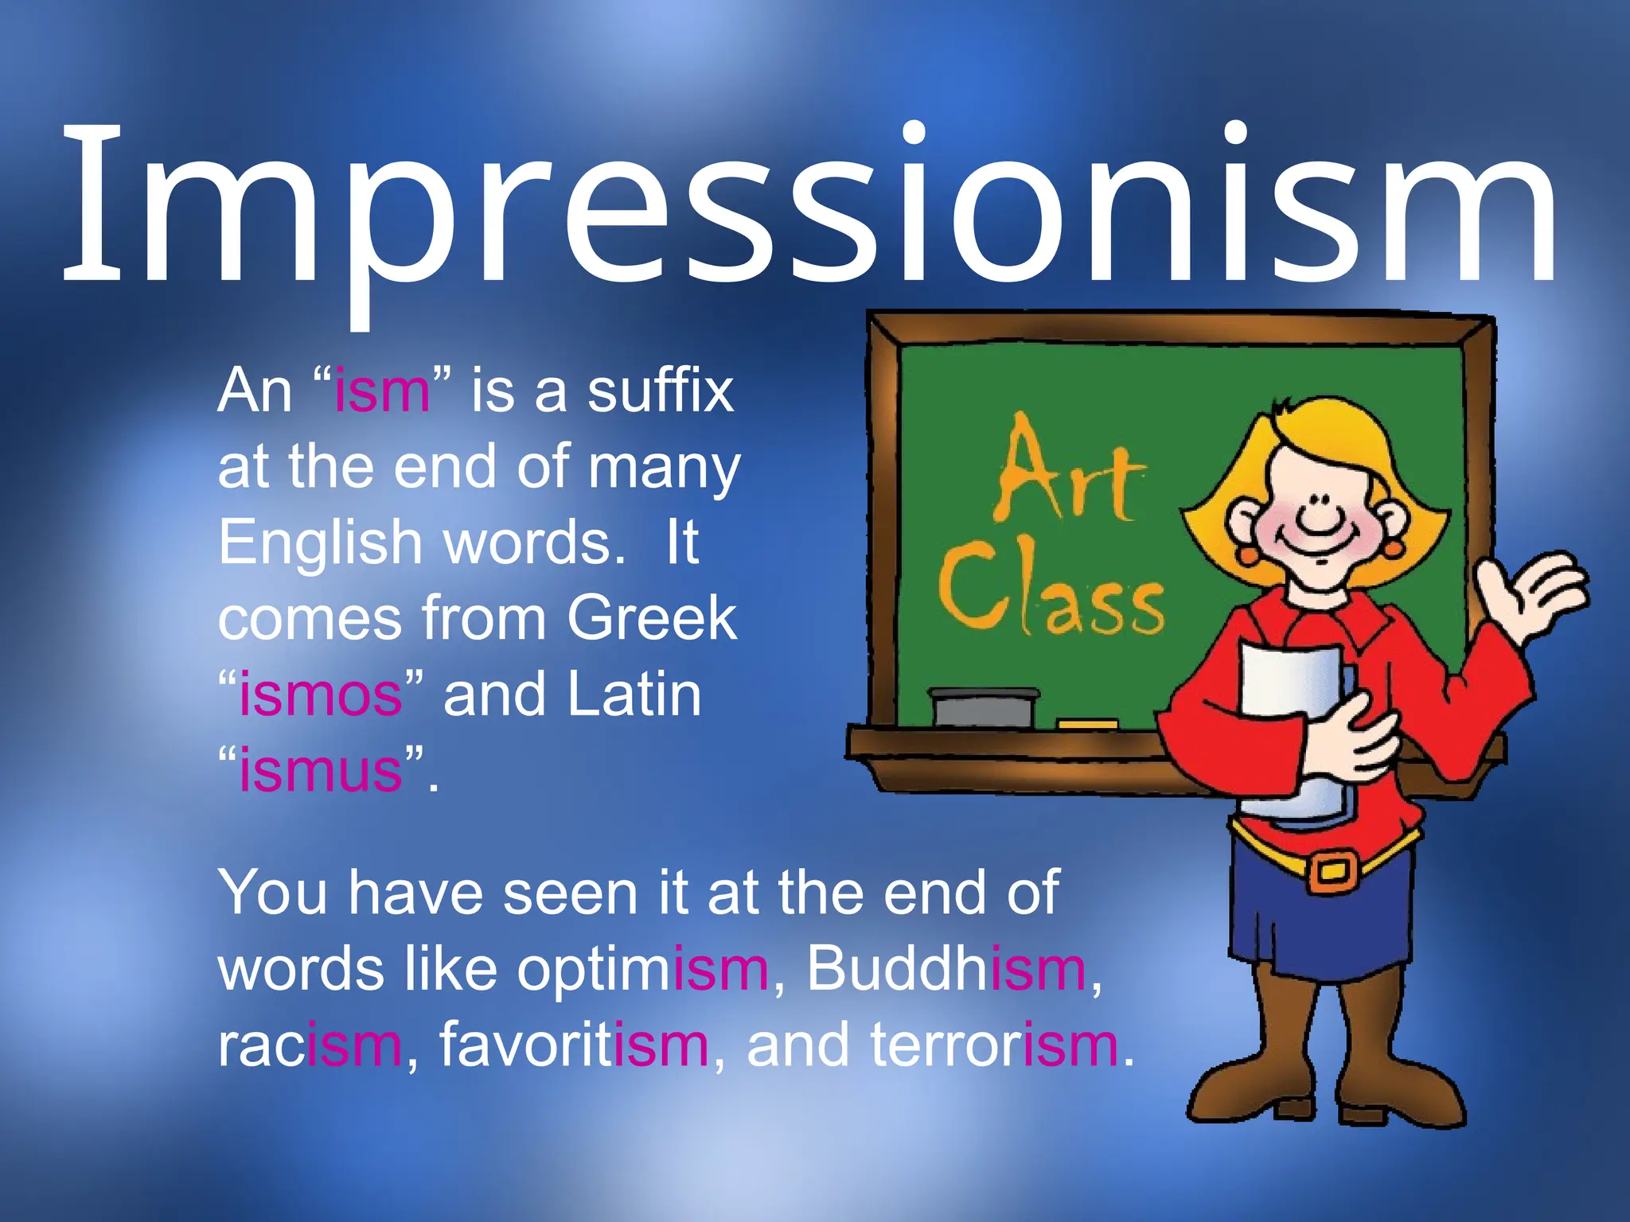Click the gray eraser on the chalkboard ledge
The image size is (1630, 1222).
pyautogui.click(x=983, y=706)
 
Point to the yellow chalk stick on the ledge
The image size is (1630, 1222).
pyautogui.click(x=1087, y=724)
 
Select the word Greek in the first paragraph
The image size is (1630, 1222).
pyautogui.click(x=652, y=618)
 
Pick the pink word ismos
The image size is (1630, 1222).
pyautogui.click(x=321, y=695)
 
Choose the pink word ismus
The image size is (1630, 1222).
pyautogui.click(x=321, y=771)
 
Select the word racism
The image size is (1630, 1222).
pyautogui.click(x=310, y=1045)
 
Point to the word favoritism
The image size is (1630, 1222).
pyautogui.click(x=574, y=1045)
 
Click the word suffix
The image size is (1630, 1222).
pyautogui.click(x=661, y=391)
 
